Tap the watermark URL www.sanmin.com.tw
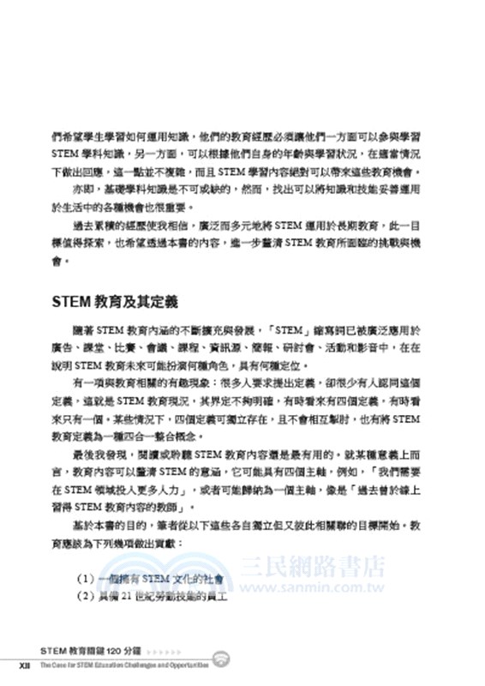[312, 588]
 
